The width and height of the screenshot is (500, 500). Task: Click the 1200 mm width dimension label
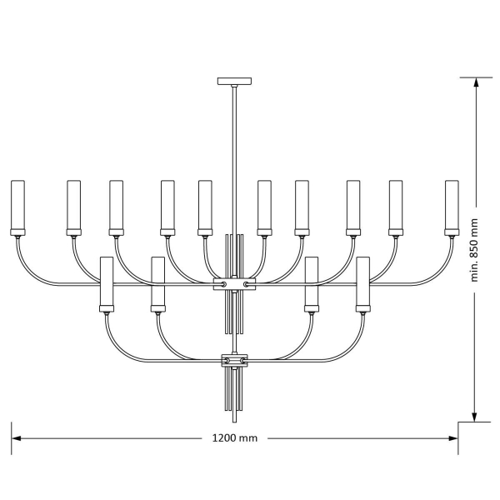pyautogui.click(x=235, y=437)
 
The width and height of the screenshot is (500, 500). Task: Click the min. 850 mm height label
pyautogui.click(x=474, y=250)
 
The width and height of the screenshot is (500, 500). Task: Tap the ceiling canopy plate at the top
pyautogui.click(x=234, y=81)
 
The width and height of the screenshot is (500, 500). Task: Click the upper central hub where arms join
pyautogui.click(x=234, y=284)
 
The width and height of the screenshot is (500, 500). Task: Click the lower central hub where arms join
pyautogui.click(x=234, y=360)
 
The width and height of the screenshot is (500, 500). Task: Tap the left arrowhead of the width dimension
pyautogui.click(x=16, y=438)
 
